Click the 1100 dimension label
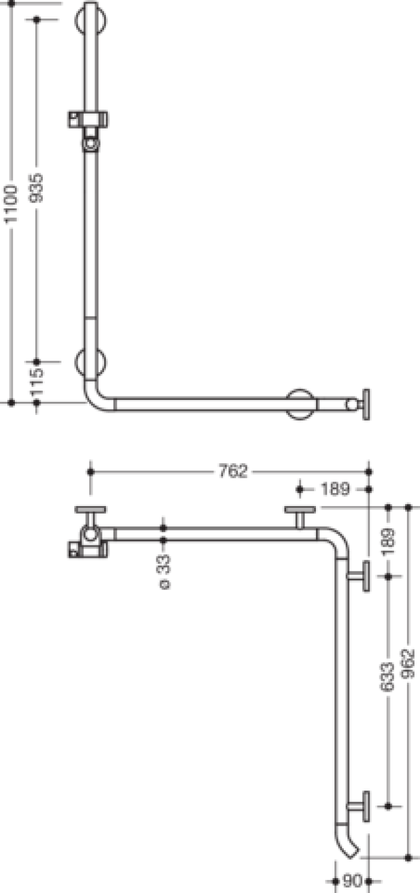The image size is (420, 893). [x=11, y=204]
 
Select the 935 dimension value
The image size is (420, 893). [x=37, y=188]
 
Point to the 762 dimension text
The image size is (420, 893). [x=233, y=472]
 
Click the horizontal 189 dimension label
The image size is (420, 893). [x=335, y=489]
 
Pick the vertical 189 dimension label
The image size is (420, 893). [x=388, y=542]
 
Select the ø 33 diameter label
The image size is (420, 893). [x=164, y=572]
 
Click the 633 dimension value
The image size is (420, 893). [x=388, y=676]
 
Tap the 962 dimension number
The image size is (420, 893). [x=409, y=664]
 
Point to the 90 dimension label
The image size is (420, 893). [x=352, y=880]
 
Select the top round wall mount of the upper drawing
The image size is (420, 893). [x=91, y=20]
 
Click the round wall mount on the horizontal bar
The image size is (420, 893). [x=300, y=404]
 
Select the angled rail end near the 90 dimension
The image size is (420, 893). [x=345, y=842]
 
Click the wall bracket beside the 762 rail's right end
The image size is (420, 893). [x=359, y=576]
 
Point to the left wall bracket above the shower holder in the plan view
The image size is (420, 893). [x=91, y=517]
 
